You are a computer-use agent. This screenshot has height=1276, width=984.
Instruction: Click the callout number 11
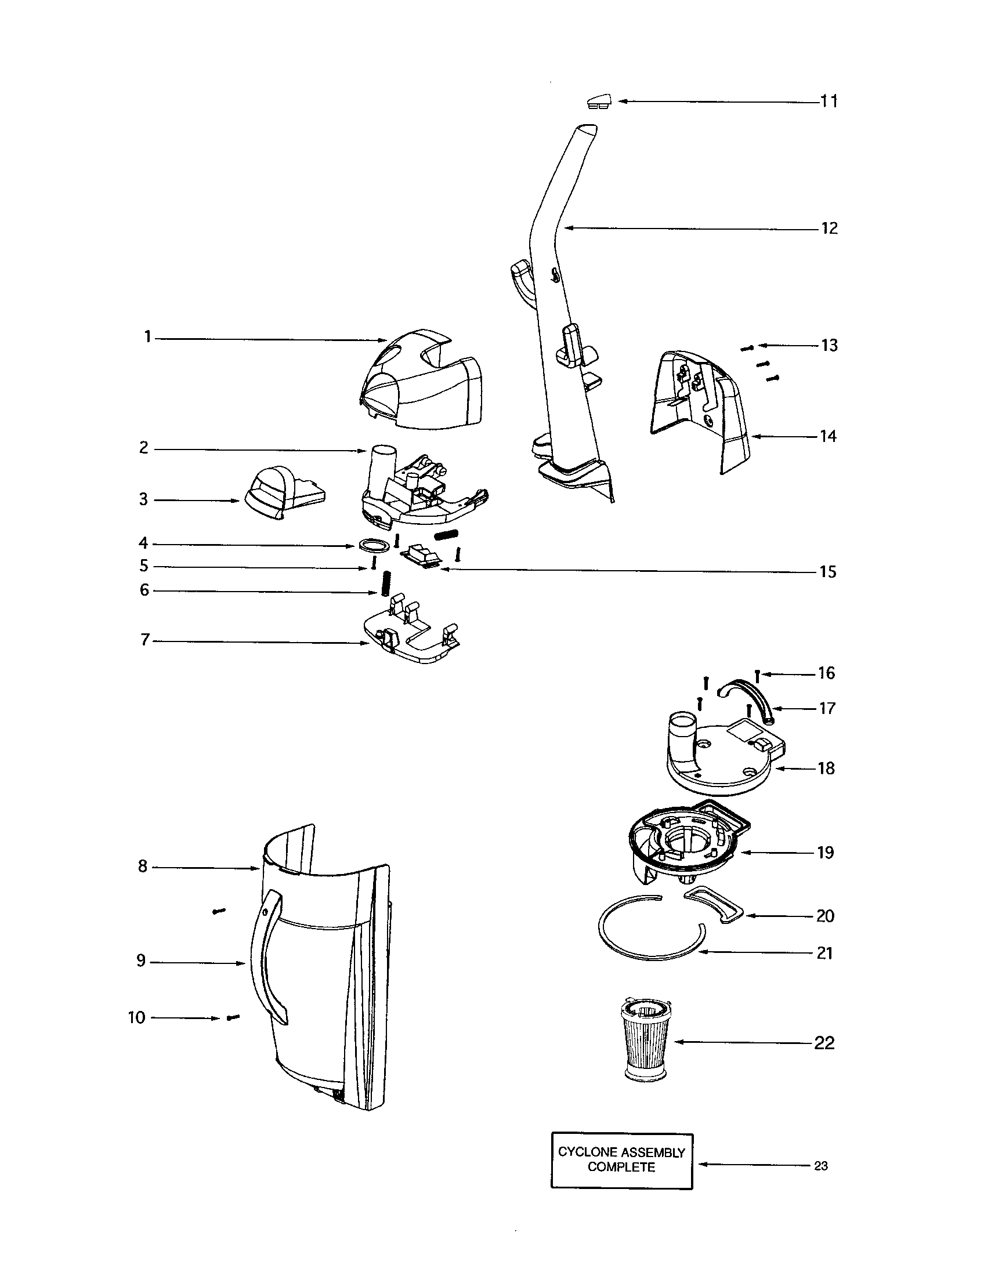829,101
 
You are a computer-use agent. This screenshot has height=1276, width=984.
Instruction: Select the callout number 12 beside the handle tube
829,228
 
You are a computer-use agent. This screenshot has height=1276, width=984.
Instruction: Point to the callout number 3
143,499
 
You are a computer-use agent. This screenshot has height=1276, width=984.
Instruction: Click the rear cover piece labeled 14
701,409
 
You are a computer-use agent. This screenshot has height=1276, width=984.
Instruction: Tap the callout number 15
827,571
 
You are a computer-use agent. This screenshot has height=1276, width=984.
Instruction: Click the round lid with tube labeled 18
725,760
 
